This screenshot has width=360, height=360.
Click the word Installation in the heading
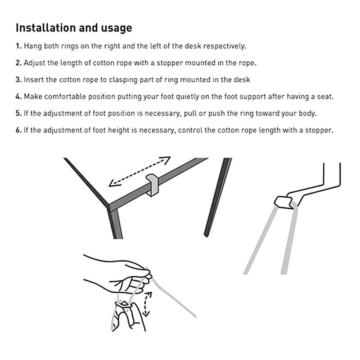[46, 28]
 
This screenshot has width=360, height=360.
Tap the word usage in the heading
[116, 28]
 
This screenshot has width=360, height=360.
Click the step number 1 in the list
[18, 46]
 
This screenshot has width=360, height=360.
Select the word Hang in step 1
[32, 46]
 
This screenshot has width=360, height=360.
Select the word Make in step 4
[32, 96]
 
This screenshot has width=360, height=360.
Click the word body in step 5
[307, 113]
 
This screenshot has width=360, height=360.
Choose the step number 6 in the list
[18, 130]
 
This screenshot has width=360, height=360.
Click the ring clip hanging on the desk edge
[153, 184]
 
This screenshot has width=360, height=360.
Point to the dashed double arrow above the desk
[140, 171]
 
